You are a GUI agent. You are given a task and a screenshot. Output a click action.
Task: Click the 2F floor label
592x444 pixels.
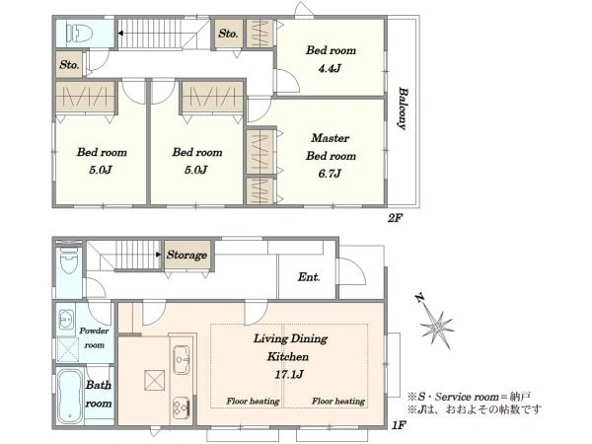click(x=396, y=218)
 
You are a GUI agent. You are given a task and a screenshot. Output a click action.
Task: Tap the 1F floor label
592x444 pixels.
click(x=399, y=425)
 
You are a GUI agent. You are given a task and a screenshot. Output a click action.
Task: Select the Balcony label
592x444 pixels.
click(x=403, y=109)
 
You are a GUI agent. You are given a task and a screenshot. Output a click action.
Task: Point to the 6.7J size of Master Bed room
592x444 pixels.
click(x=330, y=174)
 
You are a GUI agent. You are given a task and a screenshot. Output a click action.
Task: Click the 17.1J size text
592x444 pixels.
click(x=289, y=375)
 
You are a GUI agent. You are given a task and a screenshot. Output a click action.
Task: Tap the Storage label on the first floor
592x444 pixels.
click(x=186, y=255)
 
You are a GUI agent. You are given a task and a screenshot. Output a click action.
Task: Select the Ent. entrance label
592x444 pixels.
click(x=309, y=277)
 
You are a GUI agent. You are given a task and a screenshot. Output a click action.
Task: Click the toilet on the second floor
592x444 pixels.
click(x=79, y=33)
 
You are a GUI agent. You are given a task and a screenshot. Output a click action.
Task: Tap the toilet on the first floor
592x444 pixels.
click(x=68, y=260)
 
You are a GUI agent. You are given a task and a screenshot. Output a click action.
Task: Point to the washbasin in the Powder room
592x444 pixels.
click(x=66, y=321)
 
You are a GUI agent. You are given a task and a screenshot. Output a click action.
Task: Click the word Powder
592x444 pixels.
click(x=94, y=332)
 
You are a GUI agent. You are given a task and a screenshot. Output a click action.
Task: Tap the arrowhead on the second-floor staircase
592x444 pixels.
click(x=120, y=34)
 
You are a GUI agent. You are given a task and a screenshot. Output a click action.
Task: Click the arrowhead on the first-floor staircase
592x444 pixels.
click(x=159, y=255)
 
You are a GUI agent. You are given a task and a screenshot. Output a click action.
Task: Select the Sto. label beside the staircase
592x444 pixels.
click(x=228, y=34)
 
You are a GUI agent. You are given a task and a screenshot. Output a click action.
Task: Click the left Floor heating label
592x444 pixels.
click(x=253, y=402)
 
